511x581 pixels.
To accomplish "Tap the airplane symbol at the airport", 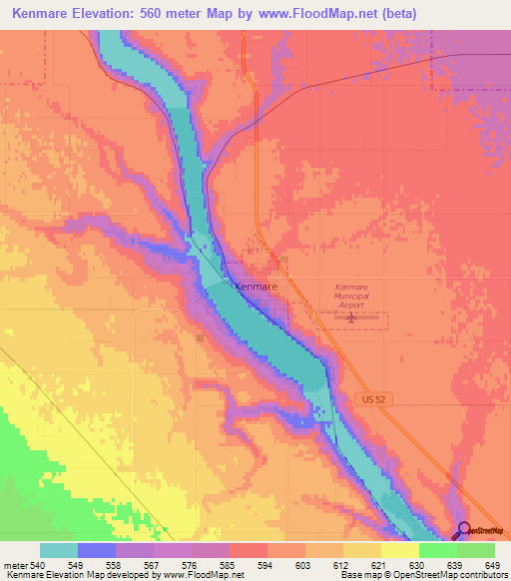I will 351,318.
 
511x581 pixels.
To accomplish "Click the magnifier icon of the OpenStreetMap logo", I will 462,530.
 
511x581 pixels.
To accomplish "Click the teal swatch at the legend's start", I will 59,550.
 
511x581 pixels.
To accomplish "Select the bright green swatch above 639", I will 438,550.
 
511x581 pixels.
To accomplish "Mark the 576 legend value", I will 183,565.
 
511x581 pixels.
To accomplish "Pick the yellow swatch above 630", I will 399,550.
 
